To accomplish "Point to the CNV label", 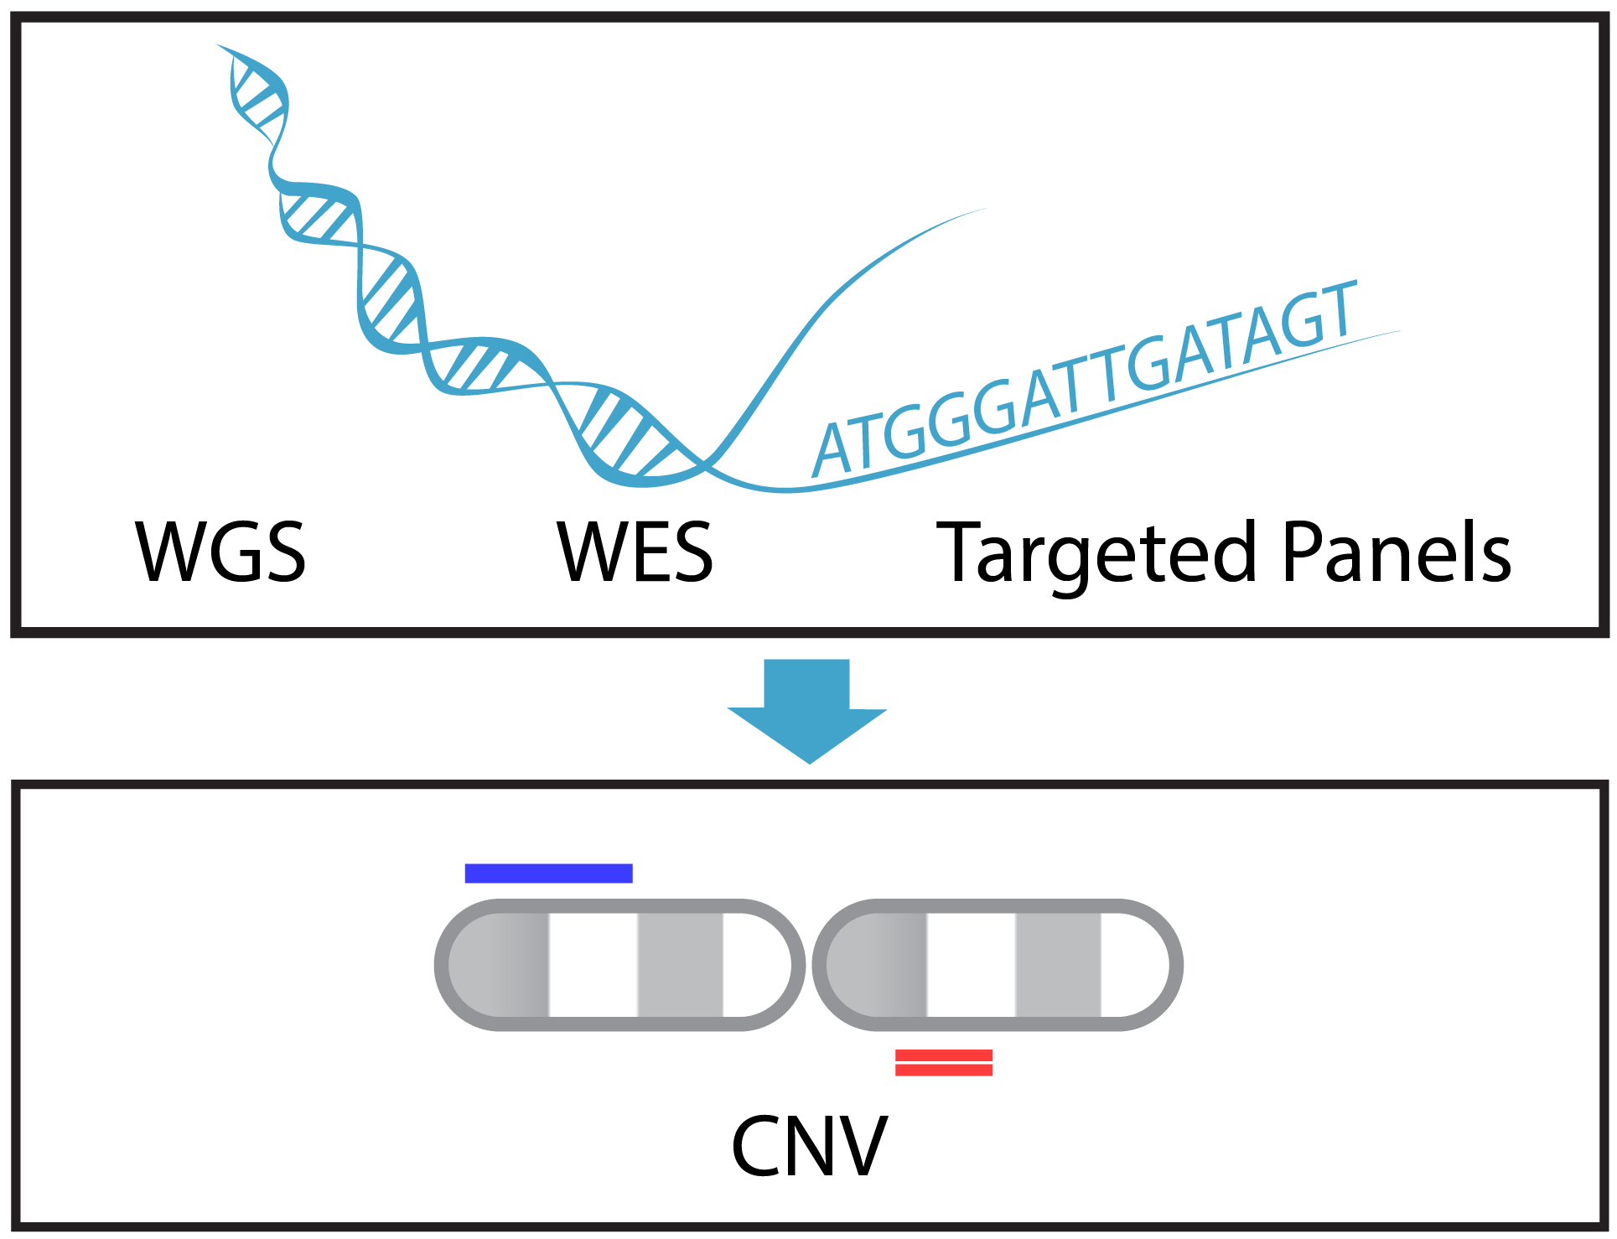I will pos(809,1146).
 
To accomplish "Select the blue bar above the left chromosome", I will pos(548,874).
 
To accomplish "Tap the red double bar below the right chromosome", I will pos(944,1062).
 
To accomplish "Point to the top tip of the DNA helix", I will pos(220,46).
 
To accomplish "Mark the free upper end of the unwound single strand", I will pos(982,210).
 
